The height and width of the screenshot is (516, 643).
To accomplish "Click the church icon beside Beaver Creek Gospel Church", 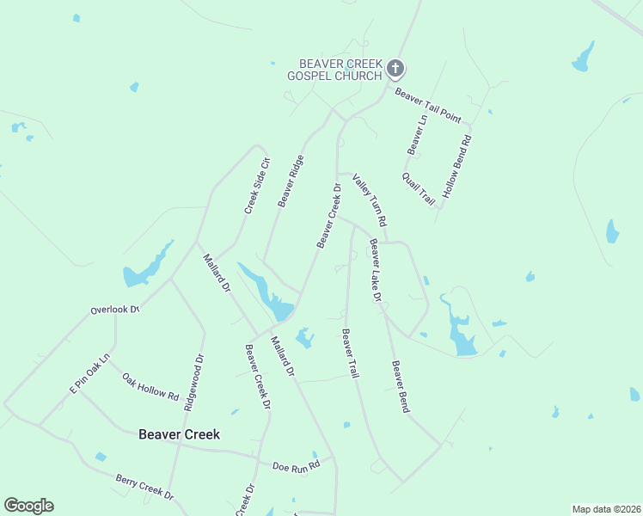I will pos(395,69).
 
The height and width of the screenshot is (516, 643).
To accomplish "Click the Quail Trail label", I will pos(419,188).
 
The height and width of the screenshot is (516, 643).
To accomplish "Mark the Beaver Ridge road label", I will pos(291,181).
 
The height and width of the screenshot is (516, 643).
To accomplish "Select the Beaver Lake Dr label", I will pos(375,269).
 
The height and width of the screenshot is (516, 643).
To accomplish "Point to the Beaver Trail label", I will pos(350,353).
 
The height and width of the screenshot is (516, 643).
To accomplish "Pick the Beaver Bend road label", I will pos(400,386).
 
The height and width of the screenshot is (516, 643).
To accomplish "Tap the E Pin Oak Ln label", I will pos(90,374).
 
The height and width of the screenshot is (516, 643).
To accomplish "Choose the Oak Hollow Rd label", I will pos(150,387).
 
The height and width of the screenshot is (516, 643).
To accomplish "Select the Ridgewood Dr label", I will pos(193,384).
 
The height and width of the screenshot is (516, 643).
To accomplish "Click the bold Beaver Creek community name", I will pos(179,434).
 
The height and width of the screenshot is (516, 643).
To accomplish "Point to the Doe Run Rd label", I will pos(296,464).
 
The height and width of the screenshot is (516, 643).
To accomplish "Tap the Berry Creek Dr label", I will pos(144,486).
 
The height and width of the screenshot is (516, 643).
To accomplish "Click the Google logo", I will pos(28,506).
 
